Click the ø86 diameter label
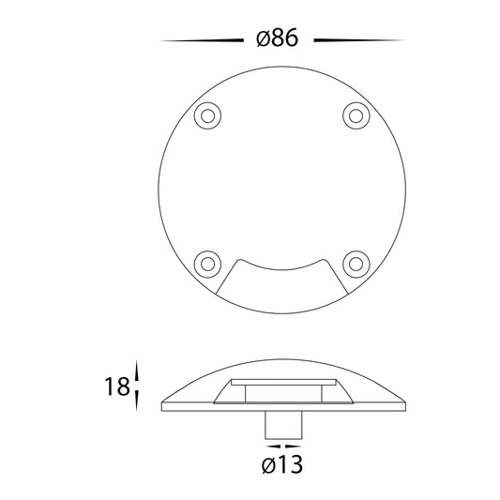pos(278,38)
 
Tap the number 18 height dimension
pos(117,386)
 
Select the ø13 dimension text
pos(281,464)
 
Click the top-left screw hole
pos(207,115)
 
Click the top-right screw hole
pos(356,115)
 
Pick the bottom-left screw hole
pos(207,265)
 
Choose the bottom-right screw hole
pos(356,265)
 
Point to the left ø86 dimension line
pos(202,40)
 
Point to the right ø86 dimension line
pos(359,40)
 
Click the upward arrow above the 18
pos(137,371)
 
